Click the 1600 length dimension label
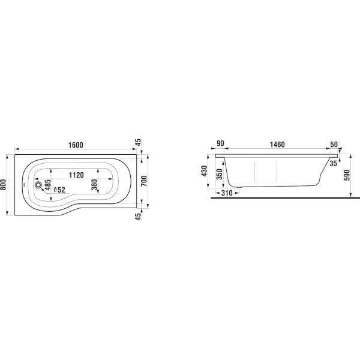pyautogui.click(x=76, y=145)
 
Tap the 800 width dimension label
pyautogui.click(x=3, y=185)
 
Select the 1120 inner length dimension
pyautogui.click(x=76, y=175)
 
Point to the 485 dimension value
pyautogui.click(x=47, y=185)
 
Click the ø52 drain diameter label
pyautogui.click(x=59, y=190)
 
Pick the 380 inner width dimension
pyautogui.click(x=94, y=185)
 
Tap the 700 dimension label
pyautogui.click(x=144, y=181)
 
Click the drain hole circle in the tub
pyautogui.click(x=38, y=185)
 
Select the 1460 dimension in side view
pyautogui.click(x=277, y=145)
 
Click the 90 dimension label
pyautogui.click(x=220, y=143)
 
